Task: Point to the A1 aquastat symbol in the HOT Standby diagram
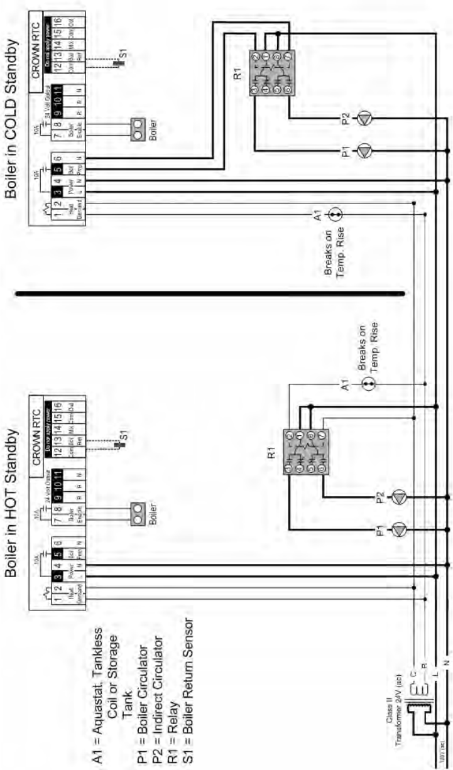point(370,384)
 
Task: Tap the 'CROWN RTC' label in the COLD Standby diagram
point(36,60)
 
